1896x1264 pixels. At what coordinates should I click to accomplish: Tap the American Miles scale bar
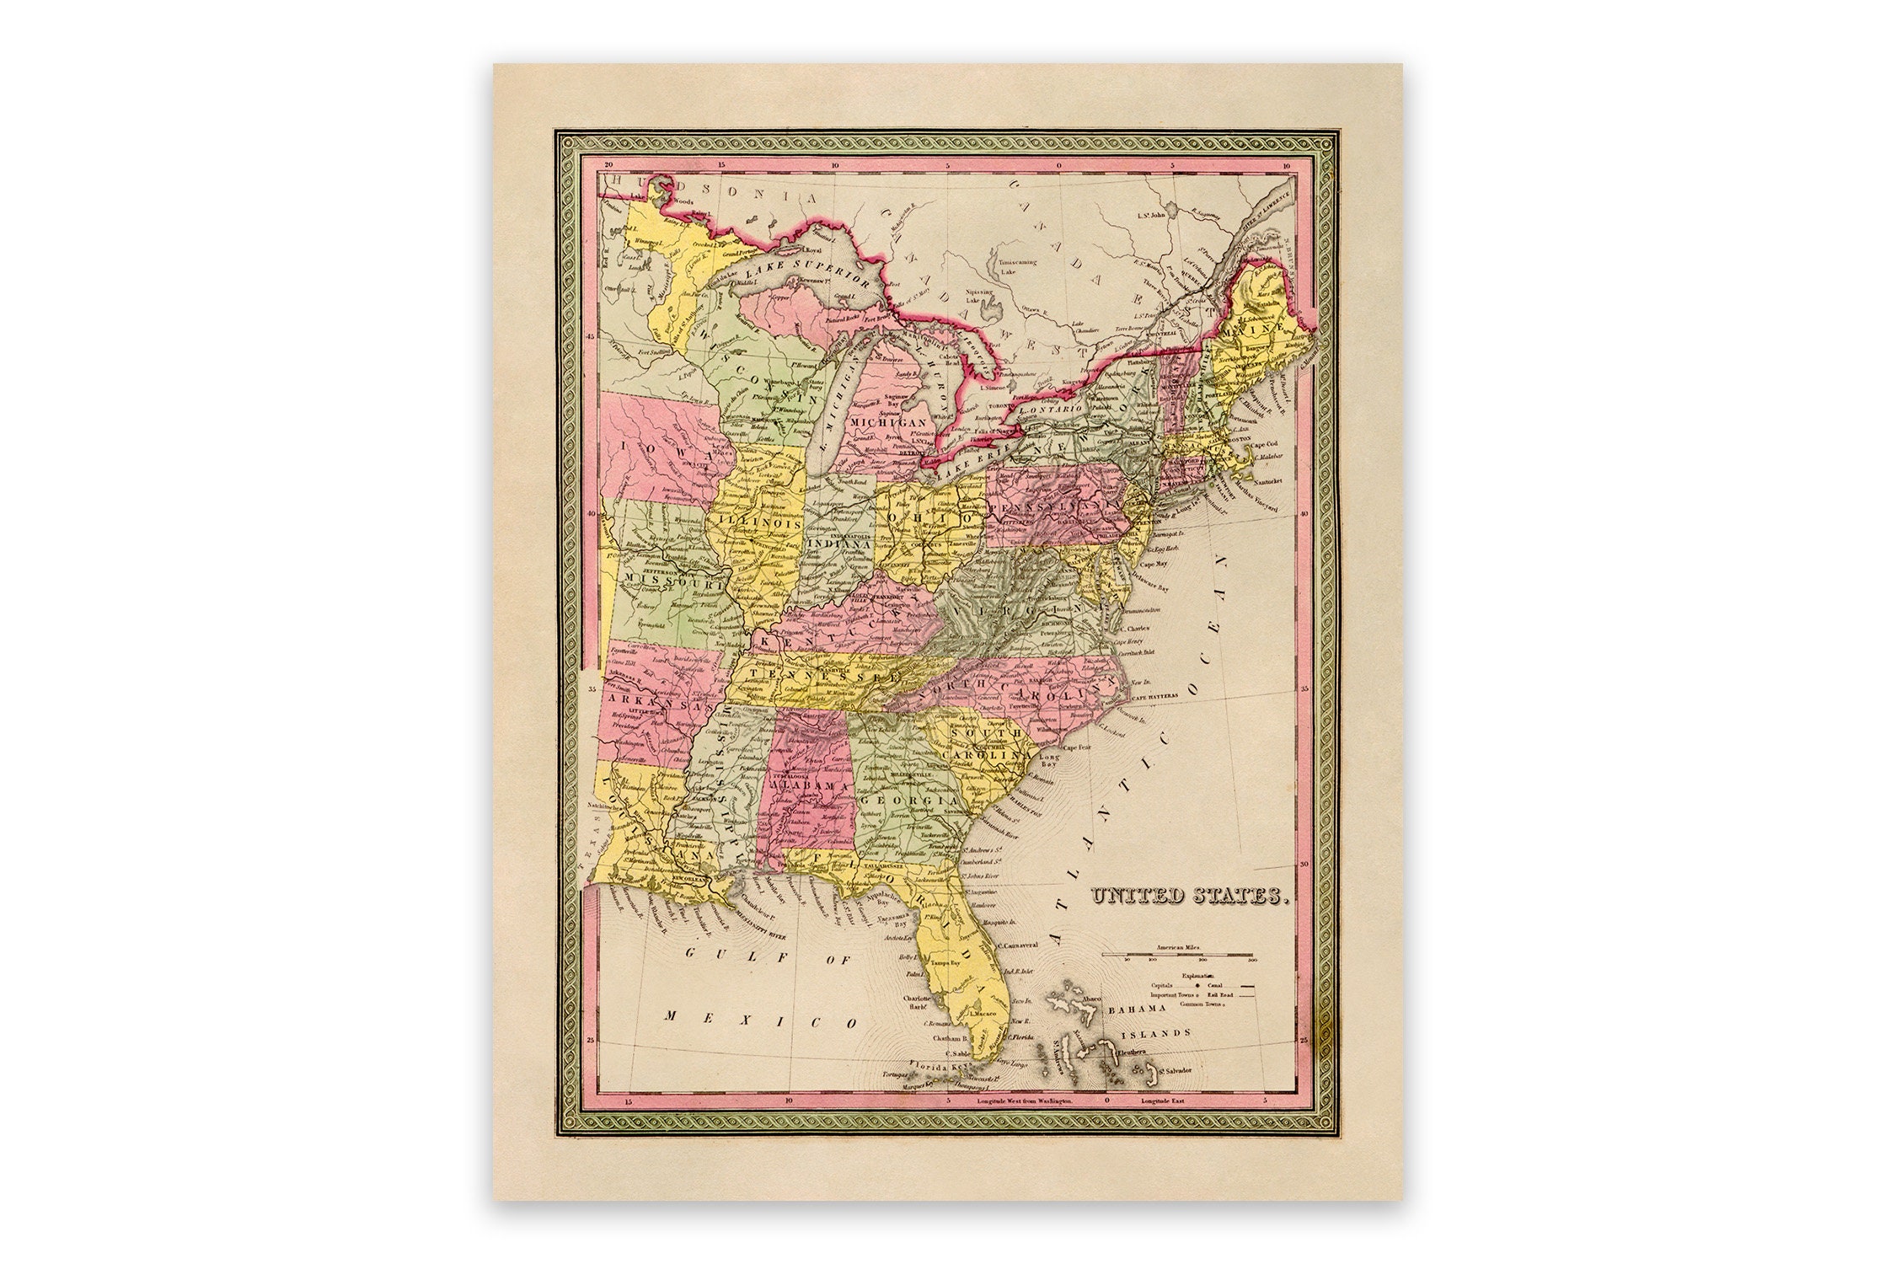1190,955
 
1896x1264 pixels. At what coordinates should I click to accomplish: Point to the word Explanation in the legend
1192,976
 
